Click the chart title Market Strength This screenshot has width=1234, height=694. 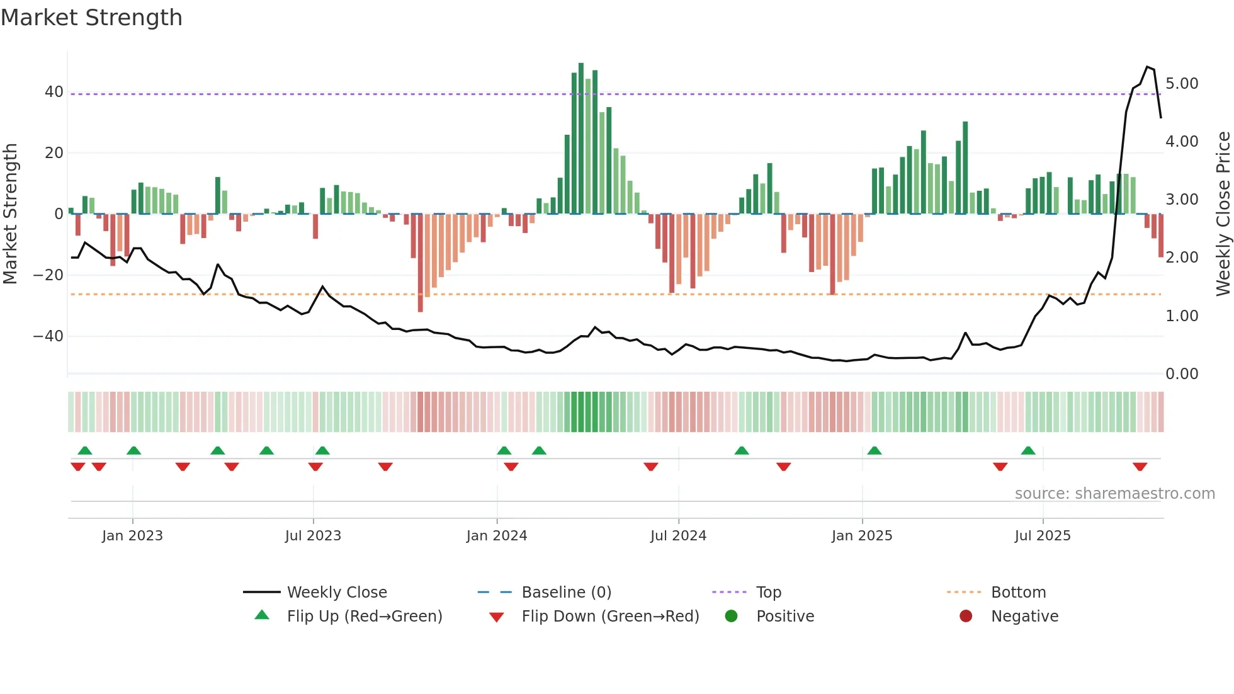point(91,18)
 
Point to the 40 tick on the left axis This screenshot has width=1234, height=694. point(54,92)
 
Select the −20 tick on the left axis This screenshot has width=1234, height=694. point(48,275)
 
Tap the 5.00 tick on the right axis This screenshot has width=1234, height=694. point(1182,84)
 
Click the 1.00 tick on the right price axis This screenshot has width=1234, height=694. point(1182,316)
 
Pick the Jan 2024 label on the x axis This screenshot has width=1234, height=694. point(497,536)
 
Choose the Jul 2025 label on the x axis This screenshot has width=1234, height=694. point(1043,536)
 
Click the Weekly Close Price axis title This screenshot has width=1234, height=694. point(1223,214)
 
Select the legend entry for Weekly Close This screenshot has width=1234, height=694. point(337,593)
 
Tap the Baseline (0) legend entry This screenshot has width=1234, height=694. point(566,593)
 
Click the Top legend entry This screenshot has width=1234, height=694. point(768,593)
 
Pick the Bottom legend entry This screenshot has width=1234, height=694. point(1018,593)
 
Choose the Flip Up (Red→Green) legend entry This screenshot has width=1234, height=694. point(365,617)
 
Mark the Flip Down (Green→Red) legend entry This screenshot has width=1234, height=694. point(610,617)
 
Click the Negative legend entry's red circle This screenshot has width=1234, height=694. point(966,617)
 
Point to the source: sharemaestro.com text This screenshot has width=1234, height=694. point(1114,494)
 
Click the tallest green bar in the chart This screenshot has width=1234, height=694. point(581,139)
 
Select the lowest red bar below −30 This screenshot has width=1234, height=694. point(421,265)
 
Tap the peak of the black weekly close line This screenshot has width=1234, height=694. point(1148,67)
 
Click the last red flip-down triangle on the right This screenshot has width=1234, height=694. point(1140,467)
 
